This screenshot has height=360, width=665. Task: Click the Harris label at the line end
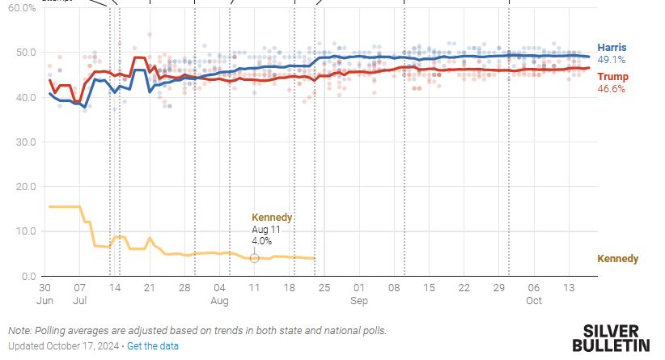pyautogui.click(x=612, y=48)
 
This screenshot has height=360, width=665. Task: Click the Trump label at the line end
pyautogui.click(x=612, y=77)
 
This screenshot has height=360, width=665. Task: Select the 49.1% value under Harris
pyautogui.click(x=611, y=60)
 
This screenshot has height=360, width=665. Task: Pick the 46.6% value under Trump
pyautogui.click(x=611, y=89)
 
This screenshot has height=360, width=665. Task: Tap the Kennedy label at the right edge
pyautogui.click(x=617, y=259)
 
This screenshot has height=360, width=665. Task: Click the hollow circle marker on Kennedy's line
pyautogui.click(x=254, y=257)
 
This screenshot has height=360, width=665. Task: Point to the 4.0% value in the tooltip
pyautogui.click(x=262, y=241)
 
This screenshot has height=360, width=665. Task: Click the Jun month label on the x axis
pyautogui.click(x=45, y=300)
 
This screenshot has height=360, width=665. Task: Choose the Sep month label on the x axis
pyautogui.click(x=359, y=300)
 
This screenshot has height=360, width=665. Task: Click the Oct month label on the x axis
pyautogui.click(x=533, y=300)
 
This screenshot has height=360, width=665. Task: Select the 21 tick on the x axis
pyautogui.click(x=150, y=288)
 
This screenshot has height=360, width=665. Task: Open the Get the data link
pyautogui.click(x=153, y=346)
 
